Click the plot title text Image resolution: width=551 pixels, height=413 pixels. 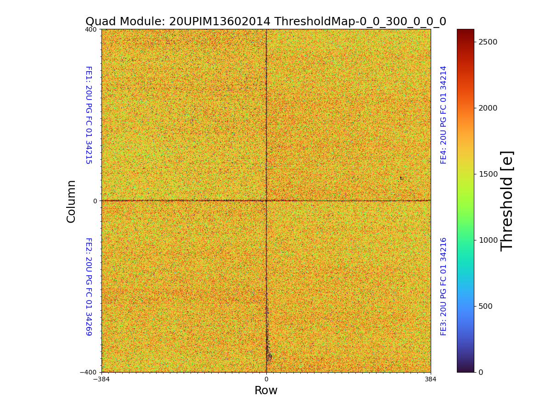coord(266,22)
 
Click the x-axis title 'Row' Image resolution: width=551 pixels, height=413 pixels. coord(266,391)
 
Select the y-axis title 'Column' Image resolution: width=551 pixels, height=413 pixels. coord(71,201)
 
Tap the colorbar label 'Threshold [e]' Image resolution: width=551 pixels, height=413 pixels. coord(507,201)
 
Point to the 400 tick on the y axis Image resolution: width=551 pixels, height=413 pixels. coord(91,29)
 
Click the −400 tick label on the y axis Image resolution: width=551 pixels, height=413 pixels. coord(88,372)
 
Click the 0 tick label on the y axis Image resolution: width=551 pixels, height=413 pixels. coord(95,201)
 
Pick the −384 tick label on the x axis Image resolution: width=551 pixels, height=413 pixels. coord(101,380)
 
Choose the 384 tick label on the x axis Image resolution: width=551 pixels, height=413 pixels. coord(431,380)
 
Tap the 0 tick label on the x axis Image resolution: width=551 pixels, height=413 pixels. coord(266,380)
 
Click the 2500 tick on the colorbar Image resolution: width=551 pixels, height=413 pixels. coord(488,42)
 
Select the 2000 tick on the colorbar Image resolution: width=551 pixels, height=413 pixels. coord(488,108)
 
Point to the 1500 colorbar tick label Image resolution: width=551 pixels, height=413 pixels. coord(488,174)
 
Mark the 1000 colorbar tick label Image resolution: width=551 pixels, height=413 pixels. coord(488,240)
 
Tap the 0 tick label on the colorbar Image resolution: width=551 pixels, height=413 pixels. coord(481,372)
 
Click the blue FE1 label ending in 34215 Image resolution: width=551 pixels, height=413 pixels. coord(88,115)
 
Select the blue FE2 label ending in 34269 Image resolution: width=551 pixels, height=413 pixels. coord(88,286)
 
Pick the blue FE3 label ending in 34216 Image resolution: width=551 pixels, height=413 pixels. coord(444,286)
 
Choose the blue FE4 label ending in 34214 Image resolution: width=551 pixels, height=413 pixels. coord(444,115)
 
